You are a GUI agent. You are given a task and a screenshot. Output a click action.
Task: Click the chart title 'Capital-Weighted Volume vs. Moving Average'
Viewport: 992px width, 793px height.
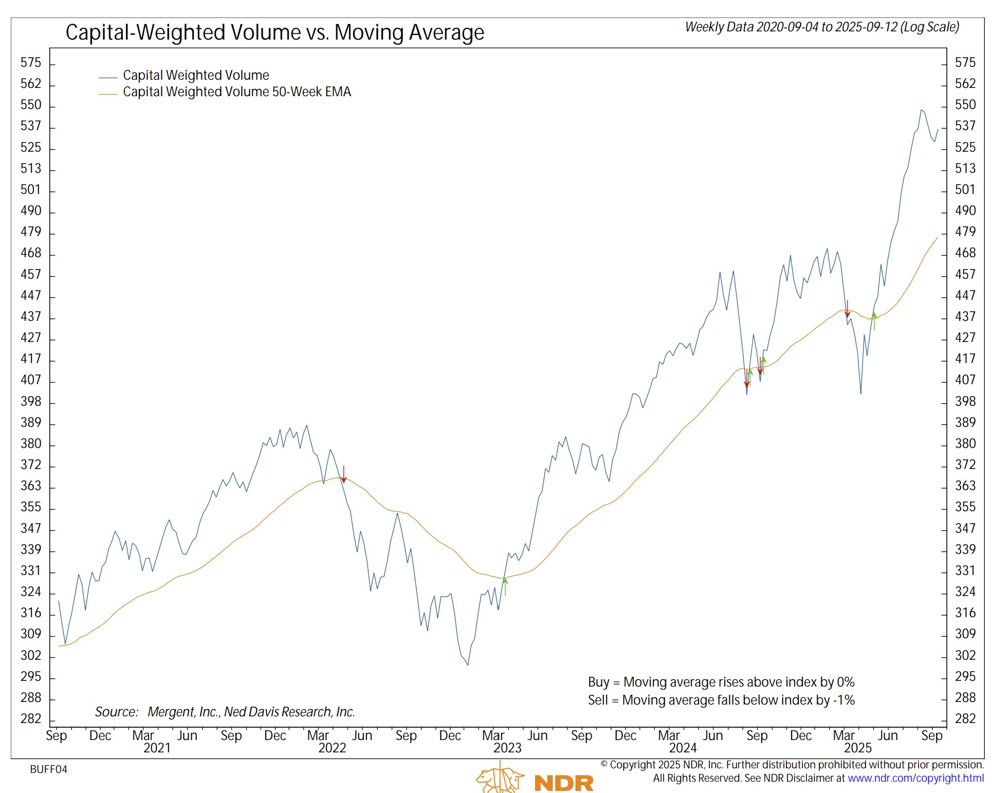(274, 32)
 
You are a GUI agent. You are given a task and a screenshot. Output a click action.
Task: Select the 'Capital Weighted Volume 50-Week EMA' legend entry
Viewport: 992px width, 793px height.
(236, 92)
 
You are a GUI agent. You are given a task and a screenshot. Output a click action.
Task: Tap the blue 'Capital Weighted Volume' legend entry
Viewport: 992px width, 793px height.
(195, 76)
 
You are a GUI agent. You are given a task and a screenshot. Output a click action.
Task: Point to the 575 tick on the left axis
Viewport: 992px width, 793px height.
(30, 63)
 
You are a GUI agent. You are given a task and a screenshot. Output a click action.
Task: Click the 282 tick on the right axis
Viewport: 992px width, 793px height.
(965, 718)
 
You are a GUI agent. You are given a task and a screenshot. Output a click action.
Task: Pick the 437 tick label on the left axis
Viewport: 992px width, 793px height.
(30, 316)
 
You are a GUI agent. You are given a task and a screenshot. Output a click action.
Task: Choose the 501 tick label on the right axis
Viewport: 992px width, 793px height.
(965, 190)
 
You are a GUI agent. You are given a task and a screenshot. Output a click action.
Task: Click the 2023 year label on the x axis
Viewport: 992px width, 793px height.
(507, 748)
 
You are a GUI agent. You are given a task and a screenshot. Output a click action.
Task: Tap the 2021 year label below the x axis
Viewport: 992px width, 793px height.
(157, 748)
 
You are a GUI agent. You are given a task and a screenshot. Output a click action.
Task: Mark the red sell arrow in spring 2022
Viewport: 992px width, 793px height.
(344, 474)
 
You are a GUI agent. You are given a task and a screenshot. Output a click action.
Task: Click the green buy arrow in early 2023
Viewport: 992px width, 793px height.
(505, 586)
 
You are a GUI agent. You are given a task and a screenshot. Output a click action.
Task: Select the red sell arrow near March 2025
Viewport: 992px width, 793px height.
(848, 309)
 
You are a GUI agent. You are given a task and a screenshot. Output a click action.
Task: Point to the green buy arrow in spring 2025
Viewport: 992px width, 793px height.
(874, 320)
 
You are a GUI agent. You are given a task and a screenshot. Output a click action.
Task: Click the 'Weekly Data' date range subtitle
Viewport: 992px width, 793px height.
(822, 27)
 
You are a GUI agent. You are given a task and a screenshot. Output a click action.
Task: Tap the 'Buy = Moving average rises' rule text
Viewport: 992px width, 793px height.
(721, 682)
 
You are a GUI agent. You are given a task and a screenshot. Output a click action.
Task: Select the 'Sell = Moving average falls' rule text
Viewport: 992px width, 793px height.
(721, 700)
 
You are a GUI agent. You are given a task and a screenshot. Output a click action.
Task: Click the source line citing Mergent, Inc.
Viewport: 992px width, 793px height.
(225, 712)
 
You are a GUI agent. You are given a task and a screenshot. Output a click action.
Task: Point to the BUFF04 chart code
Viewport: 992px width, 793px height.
(48, 769)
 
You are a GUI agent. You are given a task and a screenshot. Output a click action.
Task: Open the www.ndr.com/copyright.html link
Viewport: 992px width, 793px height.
(915, 778)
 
